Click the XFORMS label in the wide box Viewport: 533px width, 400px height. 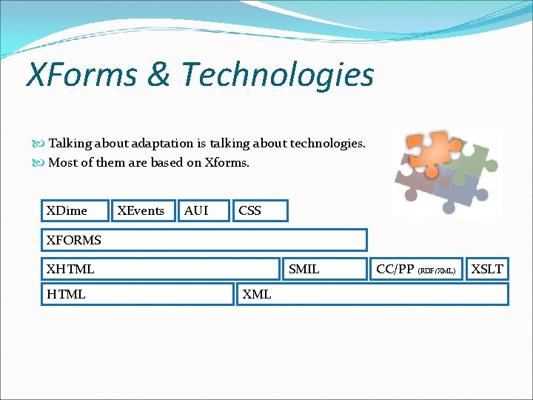click(73, 240)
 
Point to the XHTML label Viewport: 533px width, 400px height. click(70, 269)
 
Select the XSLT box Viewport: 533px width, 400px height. click(487, 269)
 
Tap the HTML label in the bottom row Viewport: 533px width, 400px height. click(66, 294)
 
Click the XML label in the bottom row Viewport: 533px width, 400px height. click(257, 294)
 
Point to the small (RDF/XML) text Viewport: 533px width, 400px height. click(437, 270)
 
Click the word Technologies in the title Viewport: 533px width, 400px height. click(277, 74)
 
